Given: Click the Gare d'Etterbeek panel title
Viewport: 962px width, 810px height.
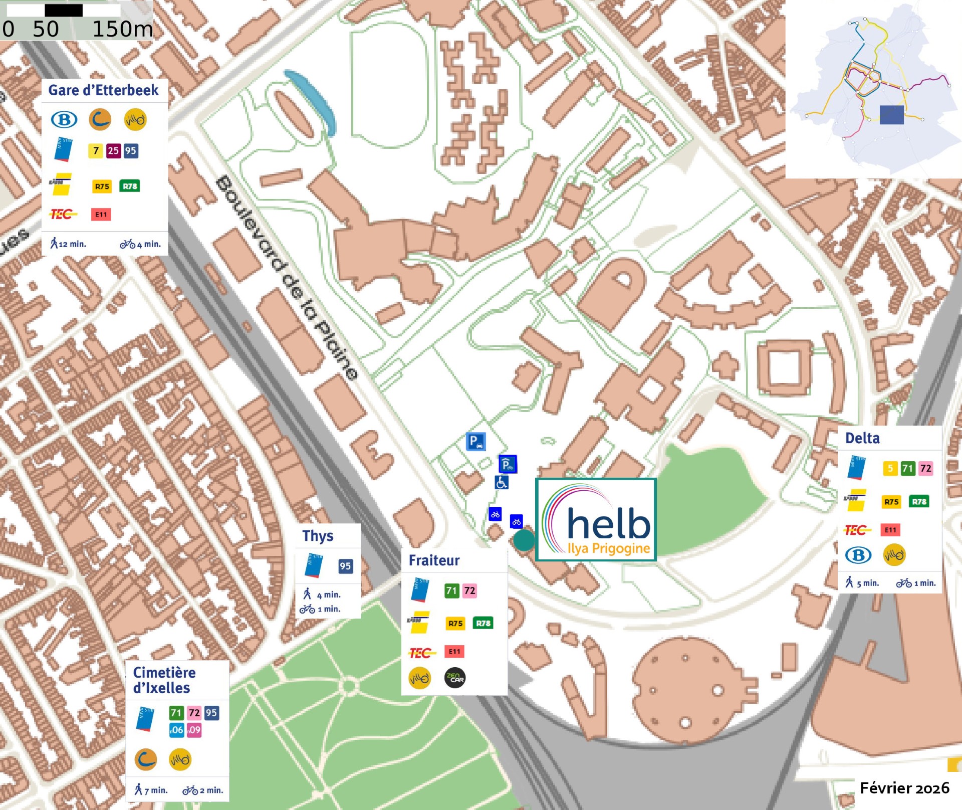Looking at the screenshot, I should (x=103, y=90).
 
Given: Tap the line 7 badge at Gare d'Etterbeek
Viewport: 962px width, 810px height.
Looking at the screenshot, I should (x=96, y=151).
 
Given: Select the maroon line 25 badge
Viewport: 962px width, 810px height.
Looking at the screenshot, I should (x=113, y=151).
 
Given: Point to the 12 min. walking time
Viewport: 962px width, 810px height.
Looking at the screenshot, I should (x=69, y=244).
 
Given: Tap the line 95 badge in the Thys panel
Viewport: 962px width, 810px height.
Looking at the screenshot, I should (x=345, y=566).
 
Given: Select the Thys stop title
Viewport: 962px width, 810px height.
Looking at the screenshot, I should (x=318, y=536).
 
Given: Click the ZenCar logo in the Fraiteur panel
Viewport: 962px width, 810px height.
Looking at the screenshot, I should (x=455, y=678).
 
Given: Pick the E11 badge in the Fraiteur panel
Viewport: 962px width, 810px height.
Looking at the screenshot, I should (x=454, y=652).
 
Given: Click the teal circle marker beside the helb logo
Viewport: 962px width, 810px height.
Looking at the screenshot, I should (x=524, y=540).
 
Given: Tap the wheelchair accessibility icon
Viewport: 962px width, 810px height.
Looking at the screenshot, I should (x=502, y=483).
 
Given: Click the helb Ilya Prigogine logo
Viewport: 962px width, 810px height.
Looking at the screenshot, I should (x=596, y=520).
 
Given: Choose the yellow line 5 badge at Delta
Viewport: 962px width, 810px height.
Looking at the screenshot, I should (x=890, y=469).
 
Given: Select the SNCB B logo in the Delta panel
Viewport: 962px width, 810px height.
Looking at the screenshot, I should (x=858, y=555).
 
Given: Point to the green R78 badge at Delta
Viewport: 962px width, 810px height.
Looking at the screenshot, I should (x=919, y=502).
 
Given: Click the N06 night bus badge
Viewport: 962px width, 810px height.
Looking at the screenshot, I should (x=176, y=730).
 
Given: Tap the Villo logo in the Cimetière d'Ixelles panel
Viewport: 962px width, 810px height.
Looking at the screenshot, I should (x=180, y=759).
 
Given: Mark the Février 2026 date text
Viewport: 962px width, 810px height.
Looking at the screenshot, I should (x=904, y=788).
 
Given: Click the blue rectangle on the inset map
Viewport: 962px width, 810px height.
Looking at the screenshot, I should (x=892, y=115).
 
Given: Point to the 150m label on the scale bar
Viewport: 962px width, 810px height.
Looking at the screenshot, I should (x=122, y=29).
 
